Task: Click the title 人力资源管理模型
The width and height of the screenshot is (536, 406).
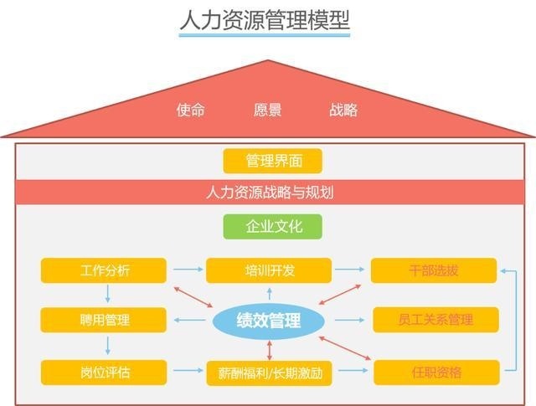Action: (264, 20)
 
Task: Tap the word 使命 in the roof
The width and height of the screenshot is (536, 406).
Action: (190, 110)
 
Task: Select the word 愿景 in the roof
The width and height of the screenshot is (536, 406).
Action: (267, 110)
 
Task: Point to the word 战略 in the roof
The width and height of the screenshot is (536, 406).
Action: (343, 110)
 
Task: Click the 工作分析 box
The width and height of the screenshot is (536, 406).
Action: (105, 270)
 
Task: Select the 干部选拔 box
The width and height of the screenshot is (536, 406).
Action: (434, 270)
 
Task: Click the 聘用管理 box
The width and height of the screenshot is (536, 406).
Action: (105, 320)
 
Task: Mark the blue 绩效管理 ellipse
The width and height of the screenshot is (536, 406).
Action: (268, 320)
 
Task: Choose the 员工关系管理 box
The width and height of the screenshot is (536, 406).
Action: (435, 320)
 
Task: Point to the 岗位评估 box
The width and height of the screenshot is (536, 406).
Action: (105, 371)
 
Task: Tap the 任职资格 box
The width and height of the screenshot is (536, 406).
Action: (435, 372)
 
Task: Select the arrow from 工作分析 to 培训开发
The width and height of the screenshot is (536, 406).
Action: (187, 270)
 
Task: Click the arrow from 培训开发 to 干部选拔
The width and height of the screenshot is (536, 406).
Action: (352, 270)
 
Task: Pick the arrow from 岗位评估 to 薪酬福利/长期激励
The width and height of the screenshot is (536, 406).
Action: (187, 371)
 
